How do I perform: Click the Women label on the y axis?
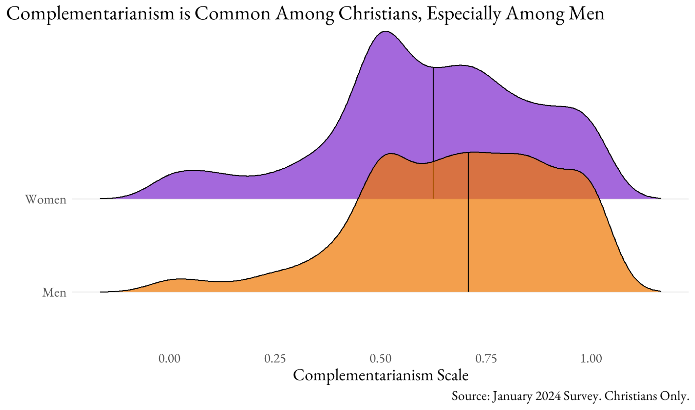click(46, 199)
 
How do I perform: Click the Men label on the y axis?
click(54, 292)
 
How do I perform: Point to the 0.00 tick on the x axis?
click(169, 358)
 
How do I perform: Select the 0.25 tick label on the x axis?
click(275, 358)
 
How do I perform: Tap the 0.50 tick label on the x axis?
click(380, 358)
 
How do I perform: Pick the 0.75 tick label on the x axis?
click(486, 358)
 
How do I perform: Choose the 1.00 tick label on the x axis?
click(591, 358)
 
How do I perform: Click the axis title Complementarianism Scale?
click(380, 375)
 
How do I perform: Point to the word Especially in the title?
click(463, 14)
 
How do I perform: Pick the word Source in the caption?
click(470, 396)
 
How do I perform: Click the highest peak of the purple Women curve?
click(385, 32)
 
